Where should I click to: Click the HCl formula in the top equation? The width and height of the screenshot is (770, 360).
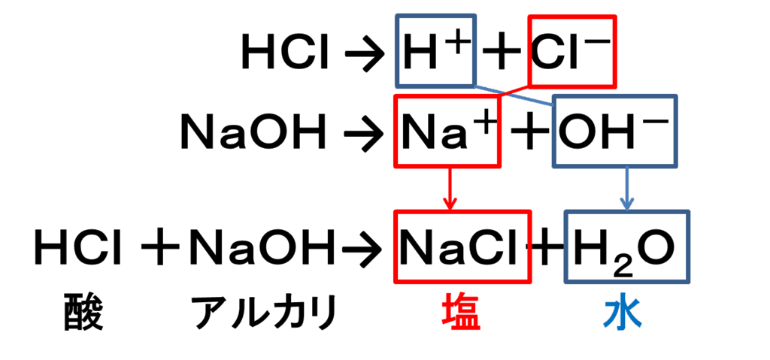tap(286, 55)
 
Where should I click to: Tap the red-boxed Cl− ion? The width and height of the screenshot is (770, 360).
tap(571, 51)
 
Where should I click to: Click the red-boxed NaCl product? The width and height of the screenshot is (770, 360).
tap(462, 247)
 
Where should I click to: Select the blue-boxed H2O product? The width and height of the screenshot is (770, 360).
tap(626, 247)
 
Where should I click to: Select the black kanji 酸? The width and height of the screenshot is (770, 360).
tap(83, 313)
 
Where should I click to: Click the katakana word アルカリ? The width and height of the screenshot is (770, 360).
tap(264, 313)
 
